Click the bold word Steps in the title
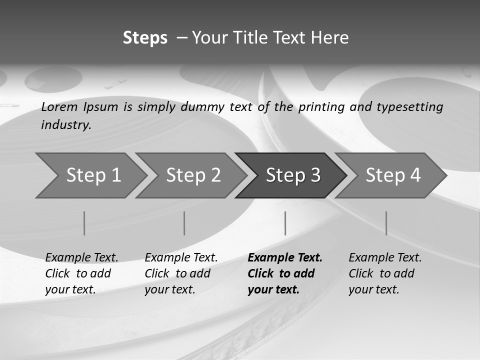(145, 38)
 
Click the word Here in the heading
(329, 38)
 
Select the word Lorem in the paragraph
(59, 107)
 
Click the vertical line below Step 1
(84, 223)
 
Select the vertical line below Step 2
(184, 223)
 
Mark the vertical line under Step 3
(285, 223)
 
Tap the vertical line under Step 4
(386, 223)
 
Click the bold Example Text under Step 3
(285, 258)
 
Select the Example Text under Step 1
(81, 258)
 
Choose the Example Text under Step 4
(385, 258)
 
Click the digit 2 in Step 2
(215, 175)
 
